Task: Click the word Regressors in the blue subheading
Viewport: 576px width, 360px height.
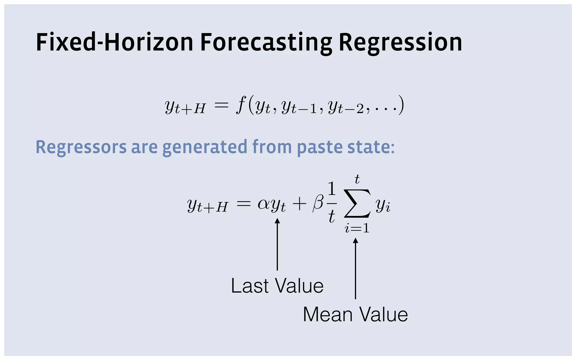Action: (x=81, y=147)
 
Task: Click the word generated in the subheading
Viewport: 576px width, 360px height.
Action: (x=205, y=147)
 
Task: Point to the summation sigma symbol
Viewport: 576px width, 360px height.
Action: (x=357, y=204)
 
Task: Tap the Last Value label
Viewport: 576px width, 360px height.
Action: (x=277, y=286)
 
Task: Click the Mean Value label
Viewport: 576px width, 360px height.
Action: (x=355, y=314)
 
